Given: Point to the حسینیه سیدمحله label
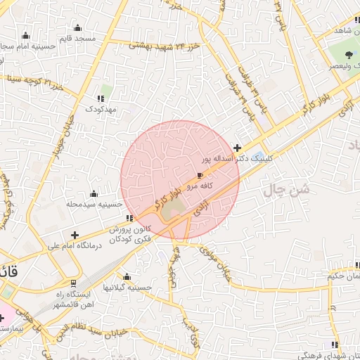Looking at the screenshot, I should (94, 204).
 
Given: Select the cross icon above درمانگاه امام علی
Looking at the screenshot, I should (75, 235).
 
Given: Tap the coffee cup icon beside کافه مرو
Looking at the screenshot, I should (200, 175).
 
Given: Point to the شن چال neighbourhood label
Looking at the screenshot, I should (287, 190).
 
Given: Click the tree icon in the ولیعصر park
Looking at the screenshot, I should (349, 54).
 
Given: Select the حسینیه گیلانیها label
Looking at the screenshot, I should (126, 288).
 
